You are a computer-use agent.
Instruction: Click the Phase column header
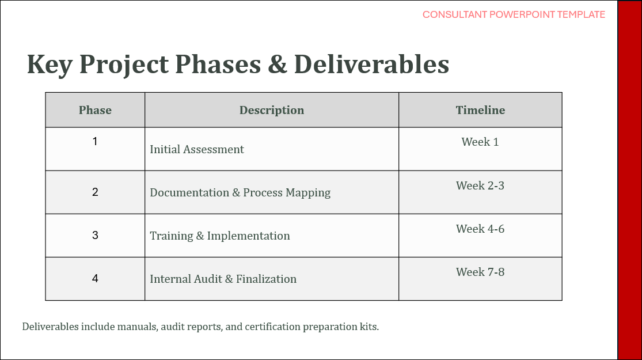(95, 110)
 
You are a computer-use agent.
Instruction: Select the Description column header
(271, 110)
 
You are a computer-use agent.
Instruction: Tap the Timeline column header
(480, 110)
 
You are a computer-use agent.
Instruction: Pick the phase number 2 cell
(95, 192)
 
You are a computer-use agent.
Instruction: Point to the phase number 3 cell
(95, 235)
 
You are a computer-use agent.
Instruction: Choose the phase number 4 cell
(95, 279)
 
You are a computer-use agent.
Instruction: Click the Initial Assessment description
(197, 150)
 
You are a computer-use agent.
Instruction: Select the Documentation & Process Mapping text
(240, 193)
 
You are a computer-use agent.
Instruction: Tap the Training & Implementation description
(220, 236)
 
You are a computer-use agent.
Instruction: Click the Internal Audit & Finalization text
(223, 279)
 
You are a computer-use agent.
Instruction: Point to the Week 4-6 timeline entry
(480, 229)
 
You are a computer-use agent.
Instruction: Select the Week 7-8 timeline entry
(480, 272)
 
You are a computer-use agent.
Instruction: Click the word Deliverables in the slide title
(371, 65)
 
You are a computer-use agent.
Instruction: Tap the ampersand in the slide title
(278, 65)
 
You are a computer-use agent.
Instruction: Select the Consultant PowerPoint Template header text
(514, 15)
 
